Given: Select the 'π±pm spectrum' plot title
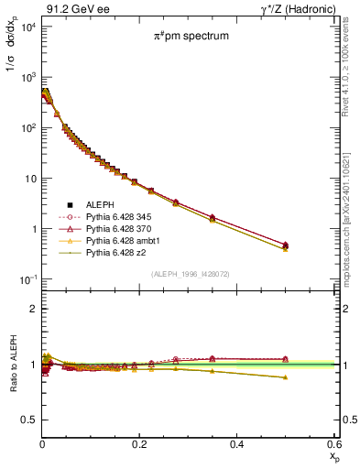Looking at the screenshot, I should coord(190,38).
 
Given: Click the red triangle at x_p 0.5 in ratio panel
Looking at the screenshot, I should coord(286,359).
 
